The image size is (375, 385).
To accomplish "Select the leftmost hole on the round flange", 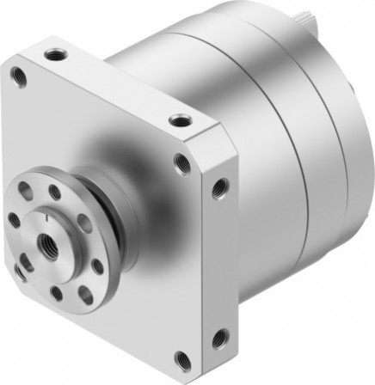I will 14,219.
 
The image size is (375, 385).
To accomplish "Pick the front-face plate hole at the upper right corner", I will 181,160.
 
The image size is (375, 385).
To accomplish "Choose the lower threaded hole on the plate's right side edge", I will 219,337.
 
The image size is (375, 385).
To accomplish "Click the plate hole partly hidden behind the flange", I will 18,272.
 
